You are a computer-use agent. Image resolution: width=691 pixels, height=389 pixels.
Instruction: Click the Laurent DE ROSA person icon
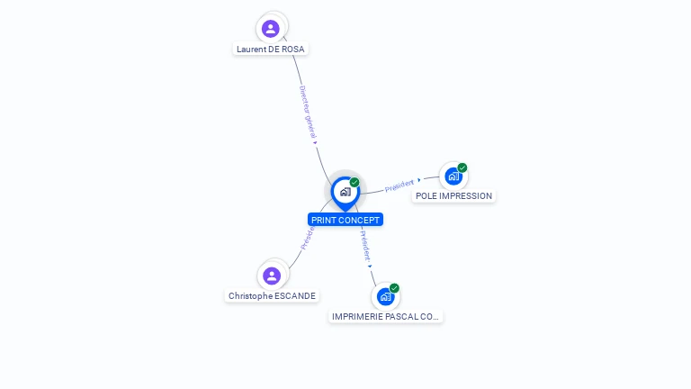point(271,28)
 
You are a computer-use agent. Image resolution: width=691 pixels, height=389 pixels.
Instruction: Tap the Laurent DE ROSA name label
point(271,50)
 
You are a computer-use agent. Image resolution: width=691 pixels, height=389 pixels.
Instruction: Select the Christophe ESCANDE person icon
point(272,276)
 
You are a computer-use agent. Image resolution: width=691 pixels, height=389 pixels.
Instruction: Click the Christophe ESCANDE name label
point(273,295)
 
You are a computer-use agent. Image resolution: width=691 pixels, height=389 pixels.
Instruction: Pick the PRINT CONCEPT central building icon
point(345,192)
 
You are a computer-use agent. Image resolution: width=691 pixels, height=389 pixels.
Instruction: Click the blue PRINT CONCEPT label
point(345,220)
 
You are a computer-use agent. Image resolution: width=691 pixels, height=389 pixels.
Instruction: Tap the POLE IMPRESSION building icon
point(453,176)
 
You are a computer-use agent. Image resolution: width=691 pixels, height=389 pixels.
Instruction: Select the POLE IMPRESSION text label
point(453,196)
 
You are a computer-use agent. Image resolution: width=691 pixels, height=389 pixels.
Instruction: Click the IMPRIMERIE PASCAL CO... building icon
point(386,296)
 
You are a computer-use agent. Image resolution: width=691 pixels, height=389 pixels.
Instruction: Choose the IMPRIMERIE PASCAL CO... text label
point(386,317)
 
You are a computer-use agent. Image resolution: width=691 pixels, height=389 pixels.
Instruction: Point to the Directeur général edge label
point(308,112)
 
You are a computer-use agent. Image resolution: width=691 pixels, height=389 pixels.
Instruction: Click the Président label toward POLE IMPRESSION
point(399,185)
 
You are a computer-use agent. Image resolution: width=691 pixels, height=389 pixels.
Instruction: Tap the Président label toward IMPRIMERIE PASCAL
point(364,246)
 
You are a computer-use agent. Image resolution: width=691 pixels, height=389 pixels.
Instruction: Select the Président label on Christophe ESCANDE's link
point(308,239)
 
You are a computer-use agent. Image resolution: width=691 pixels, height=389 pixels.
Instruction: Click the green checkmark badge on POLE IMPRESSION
point(462,167)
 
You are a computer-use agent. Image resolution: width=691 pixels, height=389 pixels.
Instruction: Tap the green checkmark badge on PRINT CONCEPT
point(354,182)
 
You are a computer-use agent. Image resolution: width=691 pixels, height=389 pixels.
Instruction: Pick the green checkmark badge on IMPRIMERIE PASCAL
point(394,288)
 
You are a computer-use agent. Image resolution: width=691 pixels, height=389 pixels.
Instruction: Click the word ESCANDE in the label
point(297,295)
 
